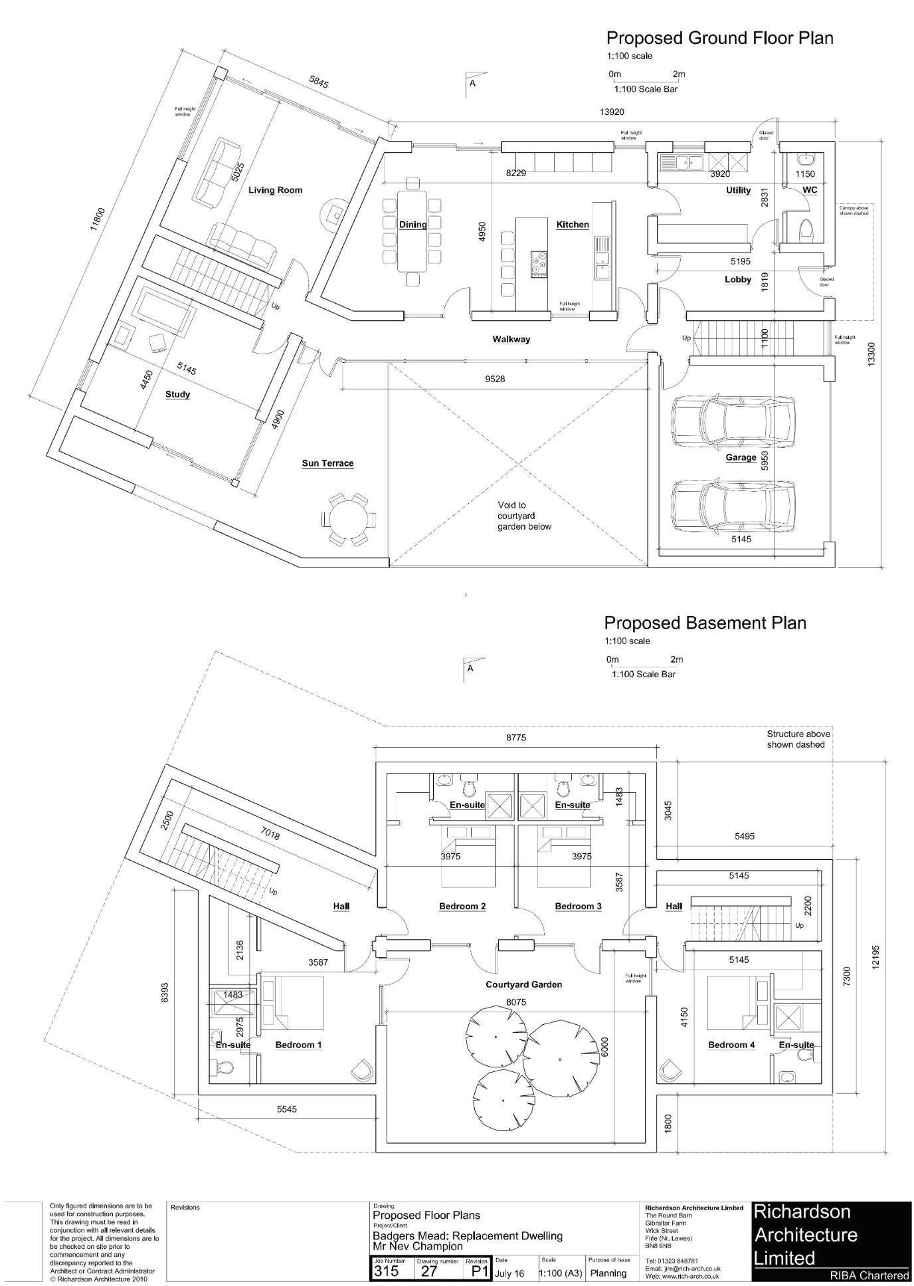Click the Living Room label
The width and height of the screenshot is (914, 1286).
[275, 190]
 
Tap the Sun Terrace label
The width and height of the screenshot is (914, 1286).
[327, 463]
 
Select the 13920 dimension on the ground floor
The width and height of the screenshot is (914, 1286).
[612, 112]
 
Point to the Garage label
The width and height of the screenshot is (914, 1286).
[741, 457]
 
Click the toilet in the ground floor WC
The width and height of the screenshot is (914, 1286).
[806, 230]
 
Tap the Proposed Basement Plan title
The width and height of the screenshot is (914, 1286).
[705, 623]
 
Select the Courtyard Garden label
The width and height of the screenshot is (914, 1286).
[523, 984]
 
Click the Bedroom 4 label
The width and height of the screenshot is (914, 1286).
[731, 1045]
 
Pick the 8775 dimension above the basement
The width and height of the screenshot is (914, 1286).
[516, 738]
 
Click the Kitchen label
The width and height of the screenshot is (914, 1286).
[573, 225]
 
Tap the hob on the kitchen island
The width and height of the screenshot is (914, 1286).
[539, 264]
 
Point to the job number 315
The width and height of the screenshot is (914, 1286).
[386, 1271]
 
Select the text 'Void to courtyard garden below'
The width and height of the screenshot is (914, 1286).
[524, 516]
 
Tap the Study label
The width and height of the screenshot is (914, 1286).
[177, 394]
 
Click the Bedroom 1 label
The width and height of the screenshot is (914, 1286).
[298, 1045]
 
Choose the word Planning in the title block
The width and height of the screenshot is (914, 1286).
[608, 1273]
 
